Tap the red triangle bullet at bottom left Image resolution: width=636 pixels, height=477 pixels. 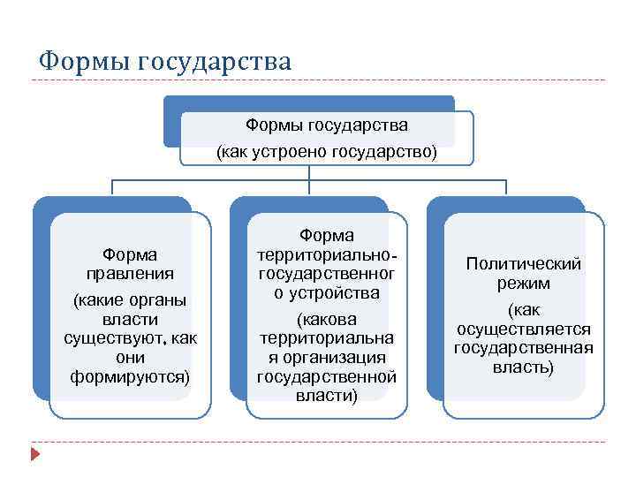coord(34,455)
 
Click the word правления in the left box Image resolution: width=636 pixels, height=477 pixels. coord(130,273)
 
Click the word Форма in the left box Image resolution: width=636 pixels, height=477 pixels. coord(130,254)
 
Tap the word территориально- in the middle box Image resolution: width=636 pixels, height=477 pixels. coord(327,254)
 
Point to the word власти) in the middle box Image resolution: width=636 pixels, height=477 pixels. coord(327,395)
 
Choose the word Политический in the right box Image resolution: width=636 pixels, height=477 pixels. coord(524,264)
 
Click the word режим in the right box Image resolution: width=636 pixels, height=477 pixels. coord(524,284)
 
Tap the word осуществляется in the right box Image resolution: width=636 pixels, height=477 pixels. coord(524,329)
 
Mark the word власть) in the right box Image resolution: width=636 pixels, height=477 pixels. coord(524,367)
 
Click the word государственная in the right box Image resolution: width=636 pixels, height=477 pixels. coord(524,347)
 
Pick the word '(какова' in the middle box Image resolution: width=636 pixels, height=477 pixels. coord(327,318)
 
